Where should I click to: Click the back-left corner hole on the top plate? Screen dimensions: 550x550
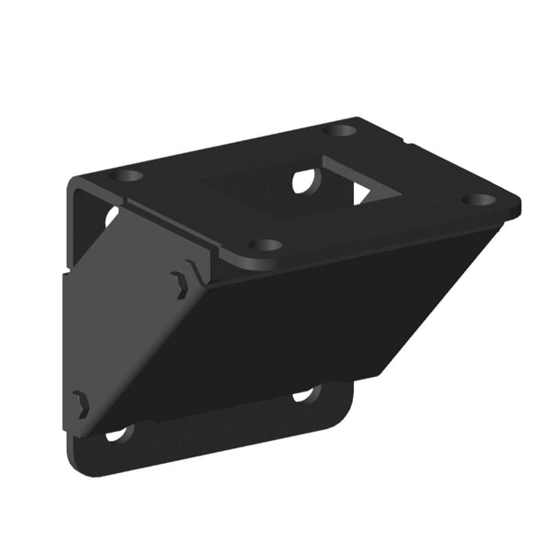click(x=126, y=175)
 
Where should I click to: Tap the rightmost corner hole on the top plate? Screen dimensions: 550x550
click(x=477, y=200)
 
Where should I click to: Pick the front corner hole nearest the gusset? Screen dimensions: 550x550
click(x=265, y=246)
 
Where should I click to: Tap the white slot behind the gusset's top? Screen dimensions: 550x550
click(x=111, y=217)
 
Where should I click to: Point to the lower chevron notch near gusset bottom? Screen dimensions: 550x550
click(x=81, y=403)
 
